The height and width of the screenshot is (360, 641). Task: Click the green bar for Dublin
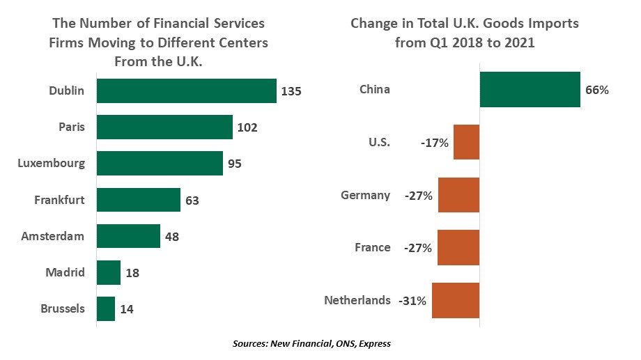coord(187,91)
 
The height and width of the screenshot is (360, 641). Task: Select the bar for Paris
coord(164,127)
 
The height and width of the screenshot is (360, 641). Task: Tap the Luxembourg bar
coord(160,164)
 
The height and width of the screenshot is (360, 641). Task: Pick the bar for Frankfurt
coord(139,200)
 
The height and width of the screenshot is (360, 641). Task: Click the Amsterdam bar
coord(128,236)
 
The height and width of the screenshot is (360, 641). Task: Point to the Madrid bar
coord(109,272)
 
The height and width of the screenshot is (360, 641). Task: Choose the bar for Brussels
coord(106,308)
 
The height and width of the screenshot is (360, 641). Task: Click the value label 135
coord(291,91)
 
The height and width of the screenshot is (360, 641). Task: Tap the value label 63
coord(192,201)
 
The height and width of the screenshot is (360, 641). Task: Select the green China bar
coord(530,90)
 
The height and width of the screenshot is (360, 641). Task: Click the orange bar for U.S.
coord(466,142)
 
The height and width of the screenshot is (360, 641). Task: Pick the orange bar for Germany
coord(458,195)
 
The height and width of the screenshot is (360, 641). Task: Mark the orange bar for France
coord(458,247)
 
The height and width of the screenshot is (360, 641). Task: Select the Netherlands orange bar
coord(456,300)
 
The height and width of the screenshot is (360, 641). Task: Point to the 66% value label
coord(597,90)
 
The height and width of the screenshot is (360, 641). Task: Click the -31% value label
coord(412,301)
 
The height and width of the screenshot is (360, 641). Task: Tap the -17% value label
coord(435,143)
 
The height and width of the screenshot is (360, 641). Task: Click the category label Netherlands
coord(357,300)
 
